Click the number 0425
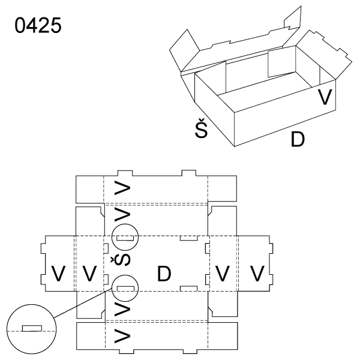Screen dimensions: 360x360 coord(37,28)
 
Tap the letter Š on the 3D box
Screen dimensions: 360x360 coord(203,129)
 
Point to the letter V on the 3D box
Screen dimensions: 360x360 coord(325,97)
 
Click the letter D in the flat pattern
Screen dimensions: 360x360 coord(164,274)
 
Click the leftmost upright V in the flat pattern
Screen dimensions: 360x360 coord(58,273)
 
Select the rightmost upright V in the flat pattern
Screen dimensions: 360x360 coord(257,274)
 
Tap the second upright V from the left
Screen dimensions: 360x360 coord(89,273)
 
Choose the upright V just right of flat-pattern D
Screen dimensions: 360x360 coord(223,274)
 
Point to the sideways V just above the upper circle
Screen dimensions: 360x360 coord(122,215)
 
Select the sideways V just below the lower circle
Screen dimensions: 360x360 coord(122,310)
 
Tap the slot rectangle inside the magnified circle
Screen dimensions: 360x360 coord(32,328)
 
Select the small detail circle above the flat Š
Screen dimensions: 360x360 coord(124,237)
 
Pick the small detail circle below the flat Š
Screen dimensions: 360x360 coord(124,287)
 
